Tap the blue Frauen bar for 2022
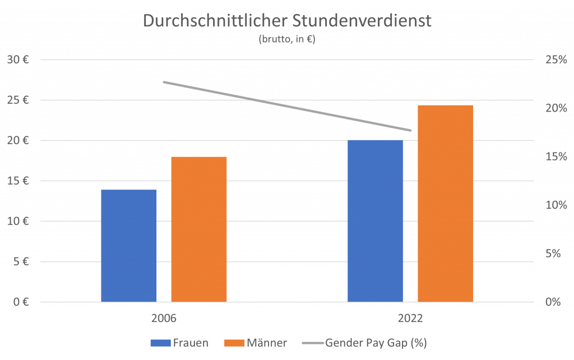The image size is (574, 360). [375, 221]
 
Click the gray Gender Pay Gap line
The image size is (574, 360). [287, 107]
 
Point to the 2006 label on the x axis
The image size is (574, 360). [164, 319]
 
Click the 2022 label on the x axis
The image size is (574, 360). [410, 319]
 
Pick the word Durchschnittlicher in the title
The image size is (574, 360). [215, 21]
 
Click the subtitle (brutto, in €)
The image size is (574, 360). [287, 39]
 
